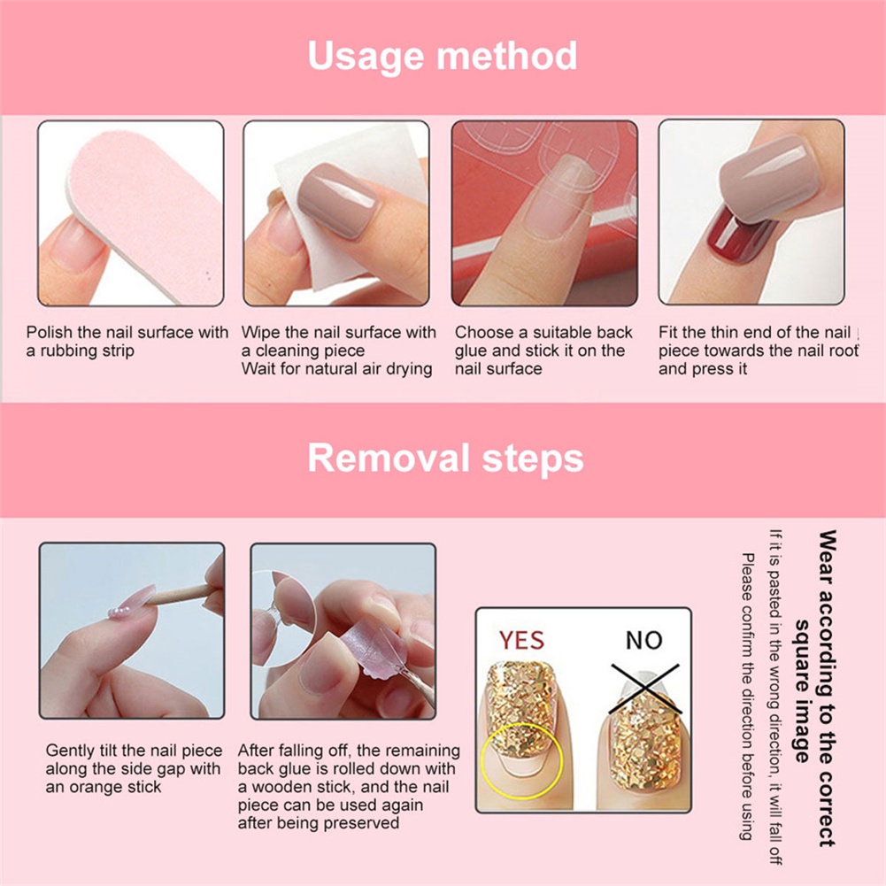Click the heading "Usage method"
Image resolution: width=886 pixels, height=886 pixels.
click(443, 57)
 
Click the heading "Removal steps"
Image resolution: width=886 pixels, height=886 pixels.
click(445, 458)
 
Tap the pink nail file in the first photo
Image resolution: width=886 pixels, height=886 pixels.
click(142, 212)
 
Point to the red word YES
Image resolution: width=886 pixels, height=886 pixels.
click(521, 639)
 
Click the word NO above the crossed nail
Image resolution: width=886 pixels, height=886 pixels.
click(643, 639)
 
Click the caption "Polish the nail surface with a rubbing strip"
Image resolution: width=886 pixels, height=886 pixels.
click(127, 342)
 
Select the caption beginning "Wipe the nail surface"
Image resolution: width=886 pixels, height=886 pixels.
click(339, 351)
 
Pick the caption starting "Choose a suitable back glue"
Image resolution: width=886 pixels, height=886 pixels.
click(543, 351)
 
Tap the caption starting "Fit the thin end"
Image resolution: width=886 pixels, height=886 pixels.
click(758, 351)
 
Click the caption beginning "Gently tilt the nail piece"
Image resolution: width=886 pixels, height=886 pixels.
click(134, 768)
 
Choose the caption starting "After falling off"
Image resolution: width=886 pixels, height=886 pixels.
click(348, 787)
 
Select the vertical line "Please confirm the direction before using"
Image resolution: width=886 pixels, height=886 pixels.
click(747, 697)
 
